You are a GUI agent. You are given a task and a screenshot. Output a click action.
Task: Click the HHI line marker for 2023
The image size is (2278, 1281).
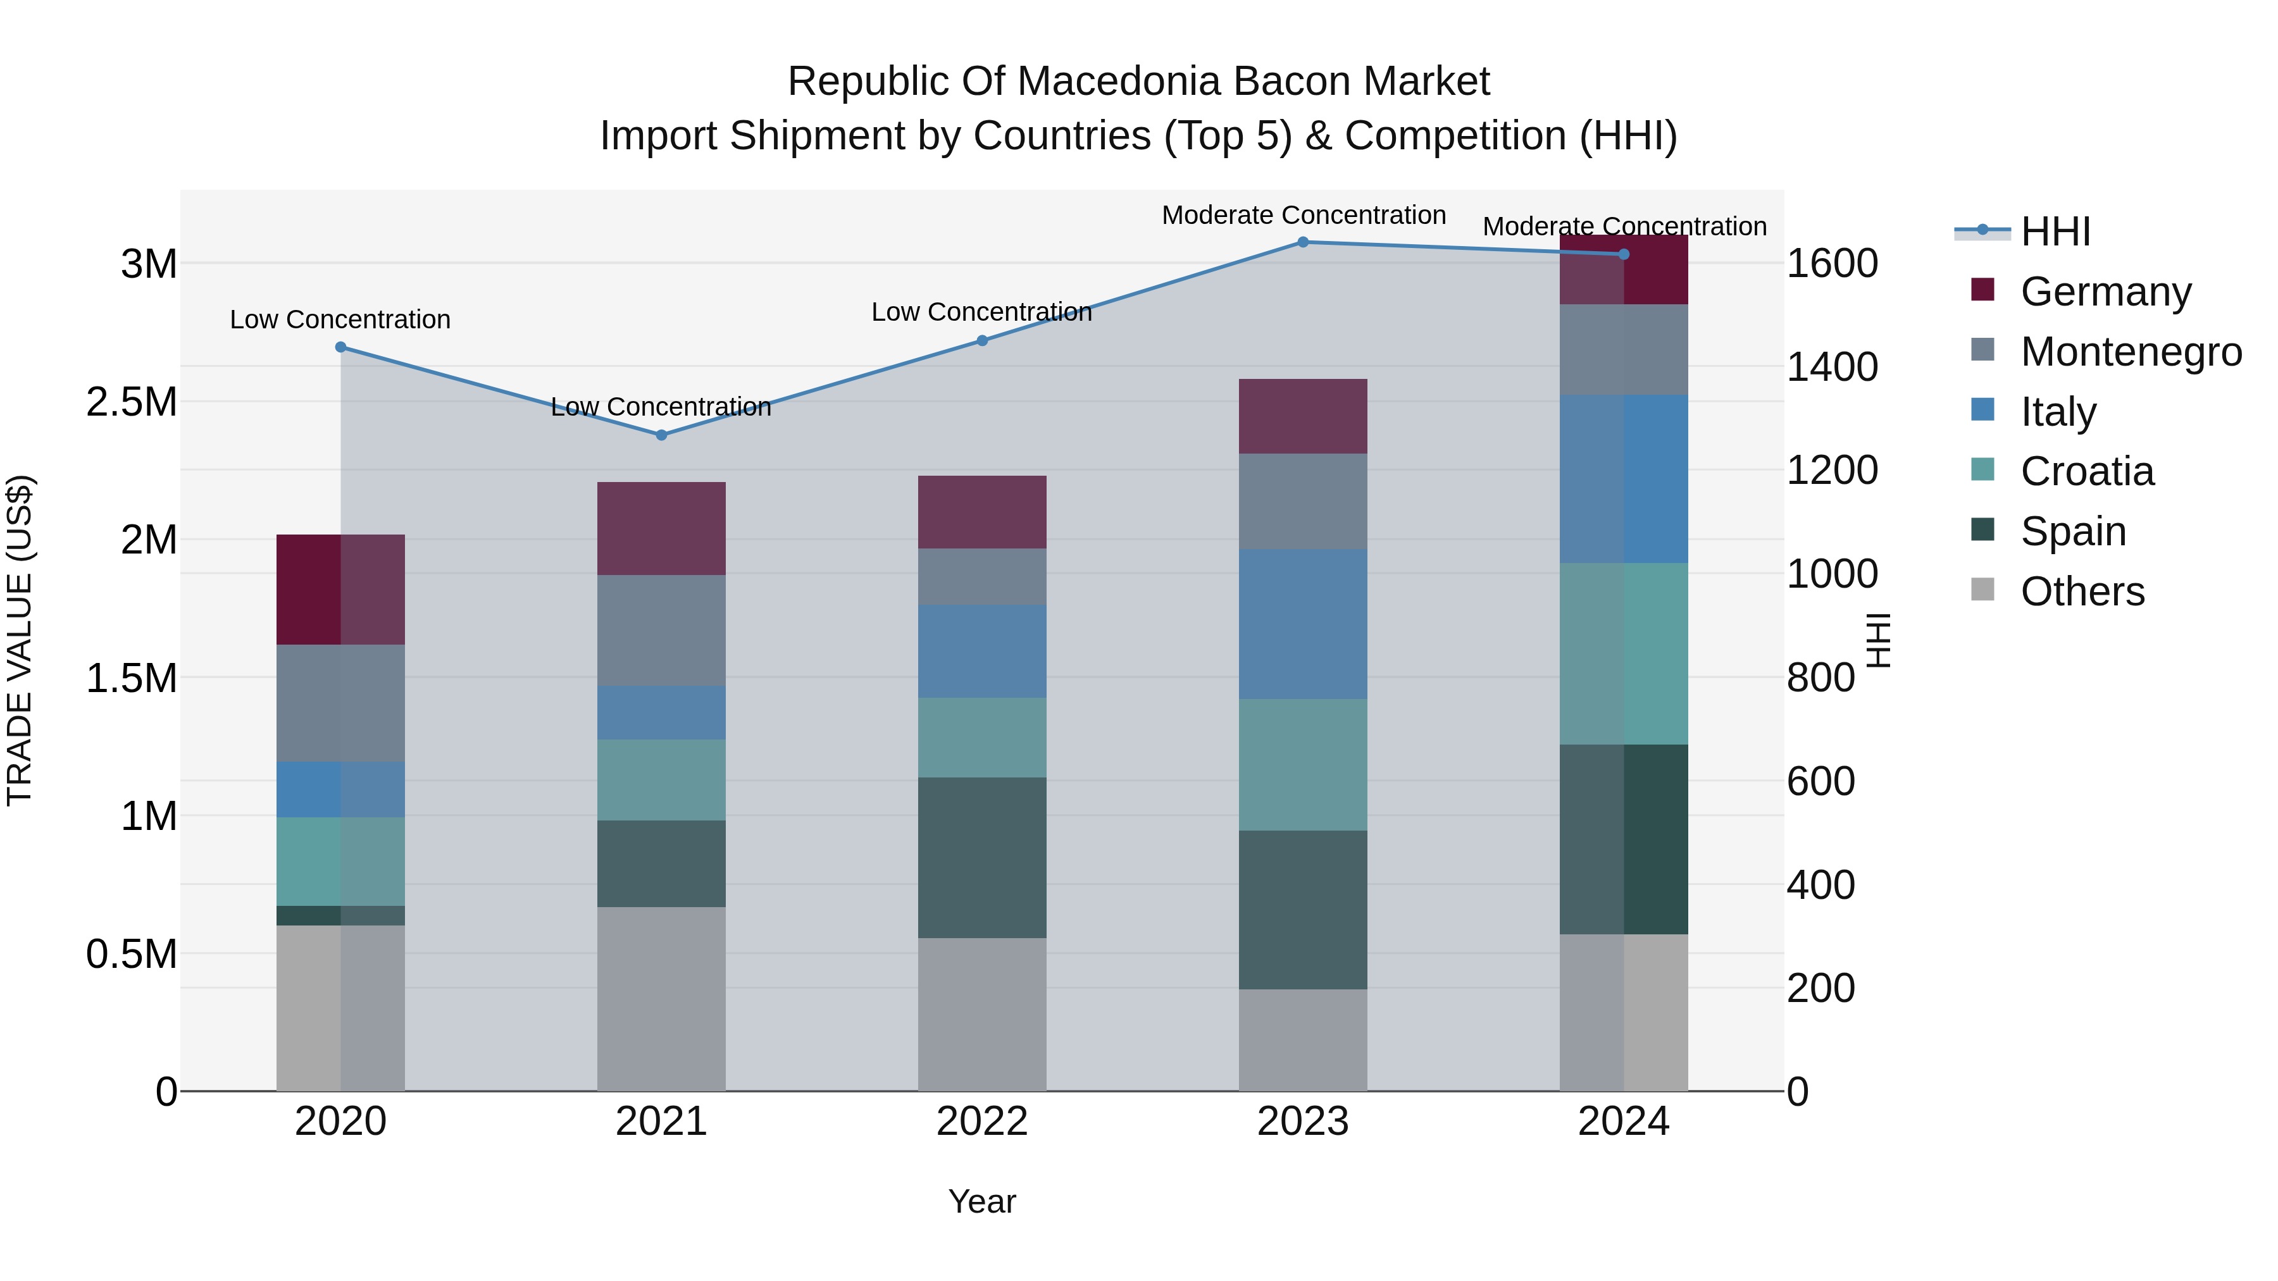[x=1303, y=242]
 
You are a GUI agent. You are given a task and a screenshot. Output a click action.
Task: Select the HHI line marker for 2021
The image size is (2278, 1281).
[x=661, y=435]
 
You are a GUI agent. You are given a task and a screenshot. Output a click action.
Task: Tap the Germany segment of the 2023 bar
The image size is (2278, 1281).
[x=1303, y=416]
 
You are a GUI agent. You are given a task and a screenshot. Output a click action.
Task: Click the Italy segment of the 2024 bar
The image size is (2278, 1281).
[x=1624, y=479]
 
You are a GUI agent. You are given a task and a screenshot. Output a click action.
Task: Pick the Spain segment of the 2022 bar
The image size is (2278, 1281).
[x=981, y=858]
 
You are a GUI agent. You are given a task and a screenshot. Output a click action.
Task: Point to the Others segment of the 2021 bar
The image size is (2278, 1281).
[x=661, y=999]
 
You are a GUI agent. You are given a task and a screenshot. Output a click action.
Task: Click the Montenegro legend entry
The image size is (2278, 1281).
[x=2131, y=352]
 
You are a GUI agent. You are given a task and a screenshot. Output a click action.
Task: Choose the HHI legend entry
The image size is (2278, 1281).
[x=2055, y=232]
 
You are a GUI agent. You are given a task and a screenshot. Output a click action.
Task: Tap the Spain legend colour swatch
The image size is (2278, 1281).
[x=1982, y=531]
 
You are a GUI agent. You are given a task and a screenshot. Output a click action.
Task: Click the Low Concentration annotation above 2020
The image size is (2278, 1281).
[x=340, y=319]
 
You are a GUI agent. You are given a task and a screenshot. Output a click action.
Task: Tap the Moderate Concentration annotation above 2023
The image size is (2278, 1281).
[x=1304, y=215]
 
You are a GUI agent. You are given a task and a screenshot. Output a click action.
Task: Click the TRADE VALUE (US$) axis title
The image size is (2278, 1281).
[x=20, y=640]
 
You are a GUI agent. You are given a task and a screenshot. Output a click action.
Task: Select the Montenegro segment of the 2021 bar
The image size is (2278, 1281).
[x=661, y=630]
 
